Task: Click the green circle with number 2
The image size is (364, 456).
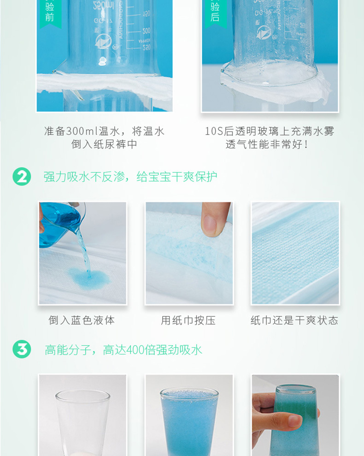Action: [x=22, y=177]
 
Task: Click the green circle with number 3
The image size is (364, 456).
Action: [x=22, y=349]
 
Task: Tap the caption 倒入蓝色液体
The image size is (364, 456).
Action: [x=82, y=320]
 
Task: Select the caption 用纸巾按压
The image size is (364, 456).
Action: [x=188, y=320]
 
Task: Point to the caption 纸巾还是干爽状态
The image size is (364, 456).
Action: [x=294, y=320]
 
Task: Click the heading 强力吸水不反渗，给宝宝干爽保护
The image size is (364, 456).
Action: [x=130, y=177]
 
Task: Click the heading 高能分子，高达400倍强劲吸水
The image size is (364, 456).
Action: [x=123, y=350]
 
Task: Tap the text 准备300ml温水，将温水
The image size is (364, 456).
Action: [x=104, y=131]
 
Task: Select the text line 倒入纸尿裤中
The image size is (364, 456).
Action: [x=104, y=144]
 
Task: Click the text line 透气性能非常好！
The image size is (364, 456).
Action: [x=270, y=144]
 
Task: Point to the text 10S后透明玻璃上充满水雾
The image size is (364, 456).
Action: [x=270, y=131]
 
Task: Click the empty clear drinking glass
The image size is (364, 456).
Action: [x=82, y=420]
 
